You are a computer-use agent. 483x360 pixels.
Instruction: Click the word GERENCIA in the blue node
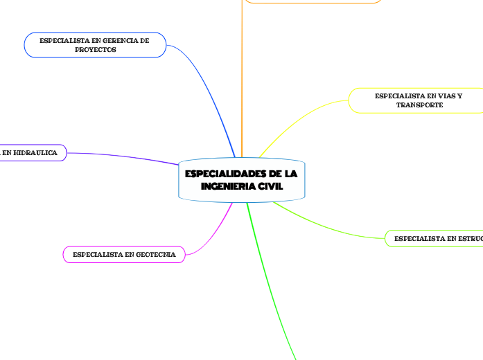(x=112, y=41)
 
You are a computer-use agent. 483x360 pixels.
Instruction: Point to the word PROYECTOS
(x=95, y=50)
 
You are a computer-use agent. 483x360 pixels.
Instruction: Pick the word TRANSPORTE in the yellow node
(x=419, y=105)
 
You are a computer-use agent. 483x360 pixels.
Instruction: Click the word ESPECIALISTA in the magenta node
(x=95, y=255)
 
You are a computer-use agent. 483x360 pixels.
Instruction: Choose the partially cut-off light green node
(x=435, y=239)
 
